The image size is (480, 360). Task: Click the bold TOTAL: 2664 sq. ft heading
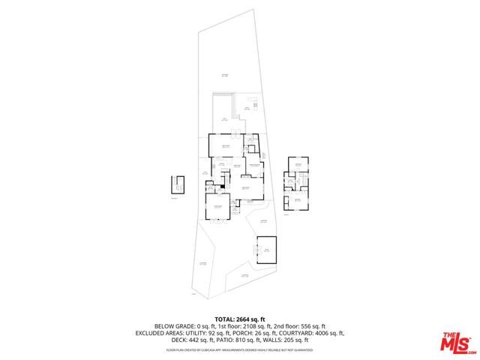pyautogui.click(x=239, y=319)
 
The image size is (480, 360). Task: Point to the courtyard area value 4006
pyautogui.click(x=320, y=332)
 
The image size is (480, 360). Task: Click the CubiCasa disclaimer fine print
pyautogui.click(x=239, y=349)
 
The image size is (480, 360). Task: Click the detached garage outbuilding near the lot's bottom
pyautogui.click(x=266, y=249)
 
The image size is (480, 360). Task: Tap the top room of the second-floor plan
pyautogui.click(x=298, y=166)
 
